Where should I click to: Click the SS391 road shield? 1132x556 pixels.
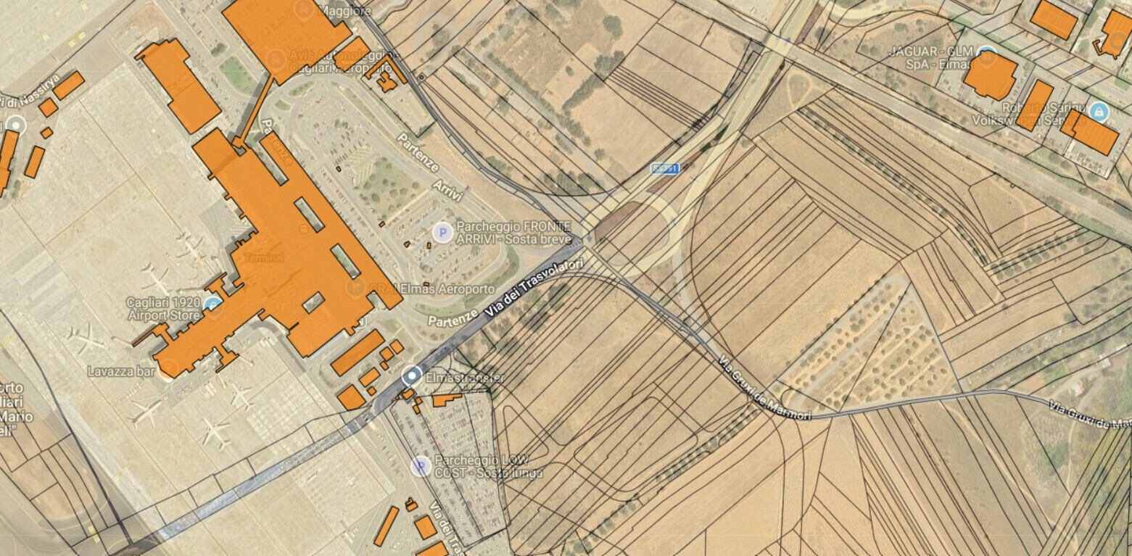[665, 168]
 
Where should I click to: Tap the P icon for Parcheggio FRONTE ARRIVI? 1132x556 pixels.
[442, 232]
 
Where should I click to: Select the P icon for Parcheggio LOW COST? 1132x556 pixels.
[421, 466]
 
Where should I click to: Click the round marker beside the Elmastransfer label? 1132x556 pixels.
[412, 375]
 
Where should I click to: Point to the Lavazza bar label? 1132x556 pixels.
[121, 371]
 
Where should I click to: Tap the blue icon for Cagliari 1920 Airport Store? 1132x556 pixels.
[212, 304]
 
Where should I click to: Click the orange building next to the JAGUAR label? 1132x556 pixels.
[990, 75]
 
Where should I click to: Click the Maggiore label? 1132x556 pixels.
[347, 11]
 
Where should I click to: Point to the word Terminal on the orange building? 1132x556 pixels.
[264, 258]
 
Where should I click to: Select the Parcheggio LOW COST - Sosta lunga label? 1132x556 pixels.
[487, 467]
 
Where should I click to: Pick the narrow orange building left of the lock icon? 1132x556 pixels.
[1034, 105]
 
